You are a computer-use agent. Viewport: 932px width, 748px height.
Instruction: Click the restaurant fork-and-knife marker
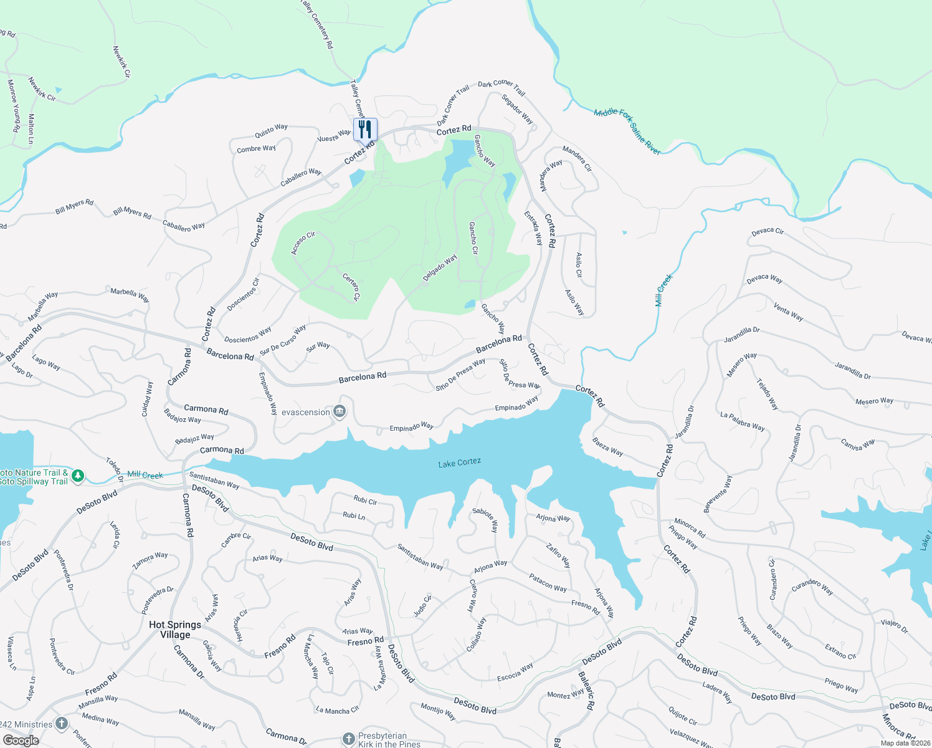(x=365, y=130)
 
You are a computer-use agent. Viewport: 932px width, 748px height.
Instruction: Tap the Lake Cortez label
(x=459, y=463)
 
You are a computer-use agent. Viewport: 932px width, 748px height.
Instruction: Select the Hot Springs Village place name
(x=175, y=630)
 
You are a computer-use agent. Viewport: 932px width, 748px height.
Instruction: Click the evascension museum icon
(x=340, y=411)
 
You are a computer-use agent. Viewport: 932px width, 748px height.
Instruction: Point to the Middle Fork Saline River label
(x=627, y=131)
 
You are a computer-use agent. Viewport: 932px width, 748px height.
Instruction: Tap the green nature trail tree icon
(x=77, y=476)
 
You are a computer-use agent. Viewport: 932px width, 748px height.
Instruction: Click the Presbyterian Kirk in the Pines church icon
(x=348, y=739)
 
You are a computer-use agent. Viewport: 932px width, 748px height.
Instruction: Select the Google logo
(x=21, y=741)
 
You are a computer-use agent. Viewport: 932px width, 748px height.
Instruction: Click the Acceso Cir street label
(x=303, y=243)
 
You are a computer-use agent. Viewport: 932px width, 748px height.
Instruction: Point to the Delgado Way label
(x=440, y=268)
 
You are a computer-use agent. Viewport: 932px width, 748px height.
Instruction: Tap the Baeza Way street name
(x=608, y=446)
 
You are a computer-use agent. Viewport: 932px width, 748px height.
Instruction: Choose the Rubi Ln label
(x=354, y=515)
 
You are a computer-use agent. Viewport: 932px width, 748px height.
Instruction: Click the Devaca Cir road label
(x=768, y=231)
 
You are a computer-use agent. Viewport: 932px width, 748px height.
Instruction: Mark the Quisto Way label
(x=271, y=130)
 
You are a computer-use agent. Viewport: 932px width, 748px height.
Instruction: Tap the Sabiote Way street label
(x=485, y=520)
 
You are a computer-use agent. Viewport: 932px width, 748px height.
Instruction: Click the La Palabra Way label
(x=742, y=421)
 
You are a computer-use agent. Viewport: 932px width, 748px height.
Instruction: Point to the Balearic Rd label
(x=586, y=691)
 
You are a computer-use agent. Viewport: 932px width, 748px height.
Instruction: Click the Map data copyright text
(x=905, y=743)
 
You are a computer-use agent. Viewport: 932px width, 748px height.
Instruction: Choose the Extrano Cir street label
(x=840, y=651)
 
